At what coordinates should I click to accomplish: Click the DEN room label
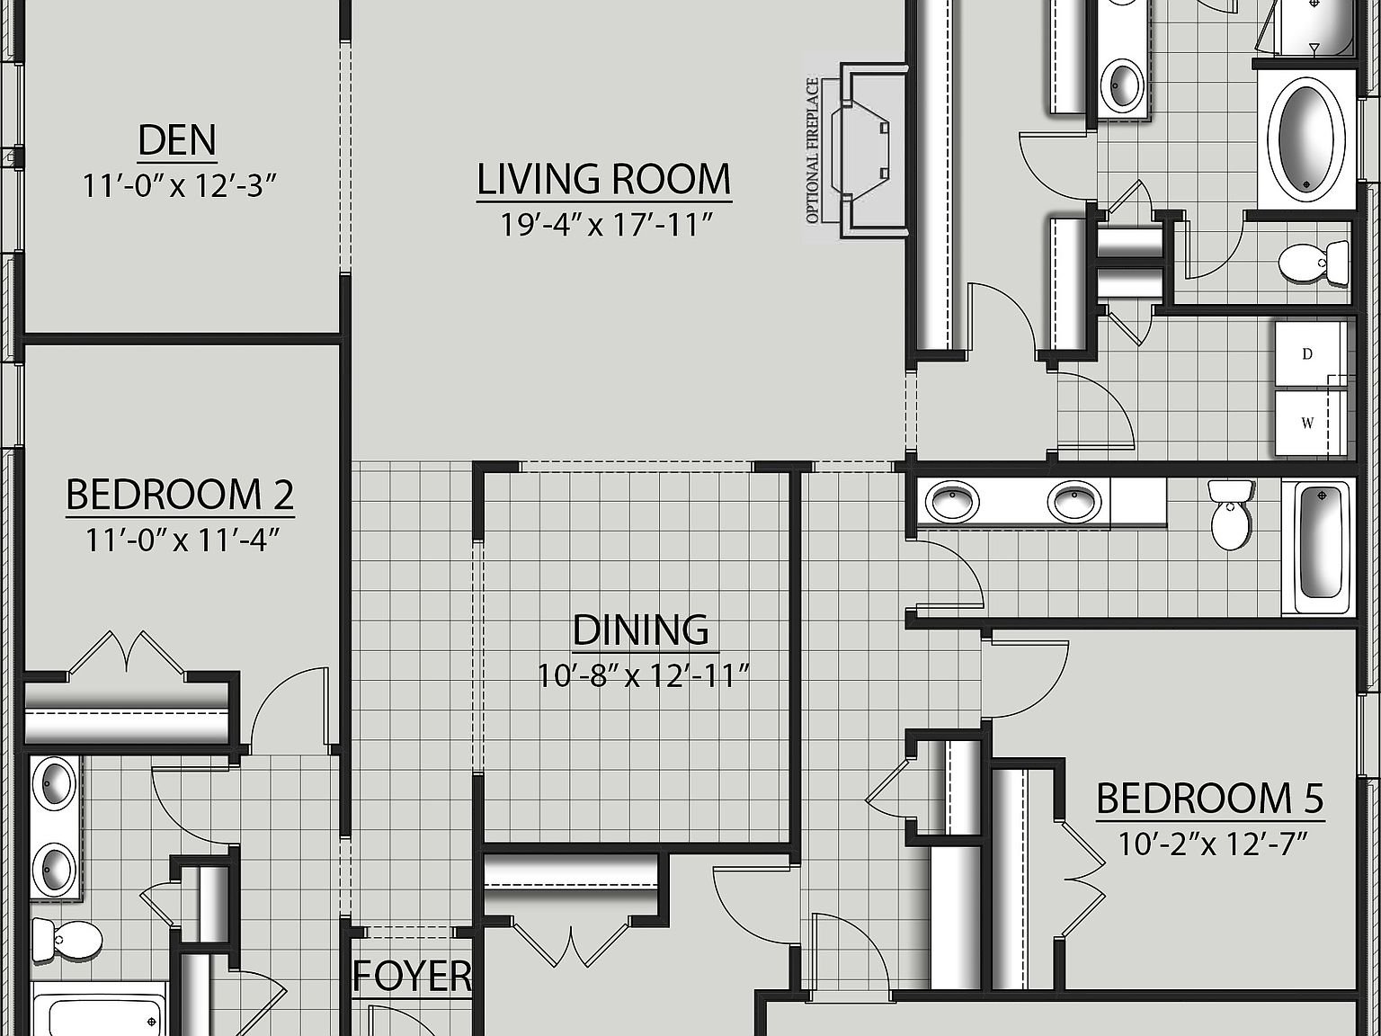point(177,141)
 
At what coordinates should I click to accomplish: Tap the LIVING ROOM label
point(603,179)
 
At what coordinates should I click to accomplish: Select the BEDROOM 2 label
point(180,496)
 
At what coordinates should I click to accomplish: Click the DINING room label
point(640,630)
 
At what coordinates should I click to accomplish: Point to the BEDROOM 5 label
point(1209,799)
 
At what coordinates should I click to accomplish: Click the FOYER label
point(412,977)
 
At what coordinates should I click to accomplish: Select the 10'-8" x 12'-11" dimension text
point(644,674)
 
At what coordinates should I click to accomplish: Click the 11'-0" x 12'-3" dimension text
point(178,186)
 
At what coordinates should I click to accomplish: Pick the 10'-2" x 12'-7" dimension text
point(1211,844)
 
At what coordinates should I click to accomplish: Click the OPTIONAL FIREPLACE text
point(813,151)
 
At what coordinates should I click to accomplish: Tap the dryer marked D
point(1308,354)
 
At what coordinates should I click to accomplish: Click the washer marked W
point(1308,423)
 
